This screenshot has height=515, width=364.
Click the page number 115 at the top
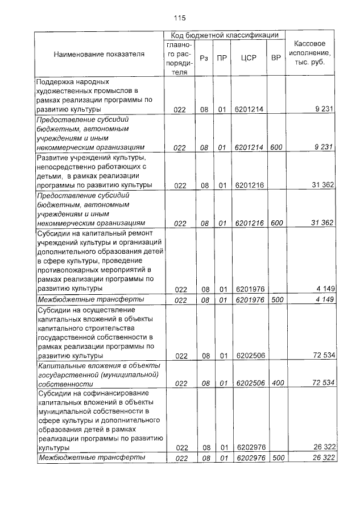[x=180, y=17]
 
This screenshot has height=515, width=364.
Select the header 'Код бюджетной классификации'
[x=225, y=35]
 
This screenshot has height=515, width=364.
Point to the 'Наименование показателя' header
[x=99, y=54]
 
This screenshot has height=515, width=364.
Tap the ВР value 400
[x=277, y=384]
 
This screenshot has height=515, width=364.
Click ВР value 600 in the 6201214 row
[x=276, y=147]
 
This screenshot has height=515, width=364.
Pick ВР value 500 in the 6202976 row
[x=277, y=458]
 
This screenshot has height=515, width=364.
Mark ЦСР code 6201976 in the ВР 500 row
[x=249, y=299]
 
